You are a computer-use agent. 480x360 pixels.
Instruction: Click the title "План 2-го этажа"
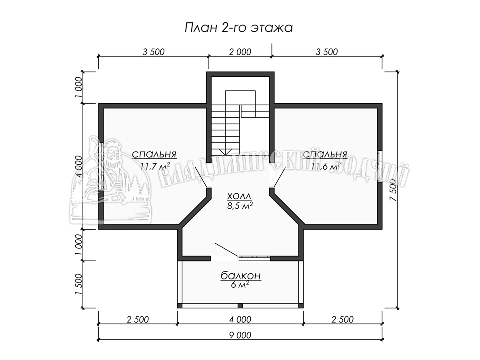[238, 28]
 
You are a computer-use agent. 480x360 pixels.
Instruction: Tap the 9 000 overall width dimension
[240, 335]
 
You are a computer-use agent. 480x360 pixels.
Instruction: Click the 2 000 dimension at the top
[240, 52]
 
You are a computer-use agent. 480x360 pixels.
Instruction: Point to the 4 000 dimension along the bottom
[240, 320]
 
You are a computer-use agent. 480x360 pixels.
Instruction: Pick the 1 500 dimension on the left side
[78, 284]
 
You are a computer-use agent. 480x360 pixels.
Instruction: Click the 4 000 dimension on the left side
[78, 166]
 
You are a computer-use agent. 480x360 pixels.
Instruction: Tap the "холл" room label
[240, 196]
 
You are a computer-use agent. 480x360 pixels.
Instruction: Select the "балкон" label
[241, 276]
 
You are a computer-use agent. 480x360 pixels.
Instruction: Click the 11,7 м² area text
[155, 166]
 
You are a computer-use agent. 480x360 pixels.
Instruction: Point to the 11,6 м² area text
[326, 166]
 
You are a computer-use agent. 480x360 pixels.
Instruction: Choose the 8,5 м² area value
[240, 206]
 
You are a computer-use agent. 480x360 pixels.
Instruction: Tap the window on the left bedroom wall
[101, 166]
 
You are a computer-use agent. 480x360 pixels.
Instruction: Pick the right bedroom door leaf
[280, 177]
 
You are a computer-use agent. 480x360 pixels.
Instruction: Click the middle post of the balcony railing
[240, 306]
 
